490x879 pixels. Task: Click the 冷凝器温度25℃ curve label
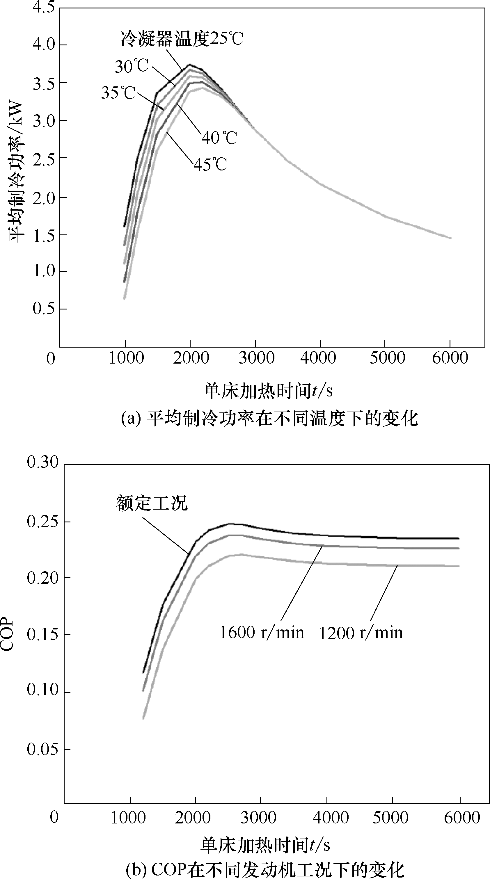pos(181,39)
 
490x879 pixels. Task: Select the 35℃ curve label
pos(118,93)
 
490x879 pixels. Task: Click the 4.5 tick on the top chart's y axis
pos(43,8)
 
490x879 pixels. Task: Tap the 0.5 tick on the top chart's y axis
pos(43,309)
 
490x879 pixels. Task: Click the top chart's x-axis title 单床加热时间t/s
pos(268,391)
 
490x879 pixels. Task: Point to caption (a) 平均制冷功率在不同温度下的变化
pos(269,419)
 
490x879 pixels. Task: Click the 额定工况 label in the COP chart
pos(152,503)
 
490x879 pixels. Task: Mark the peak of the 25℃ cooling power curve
pos(189,65)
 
